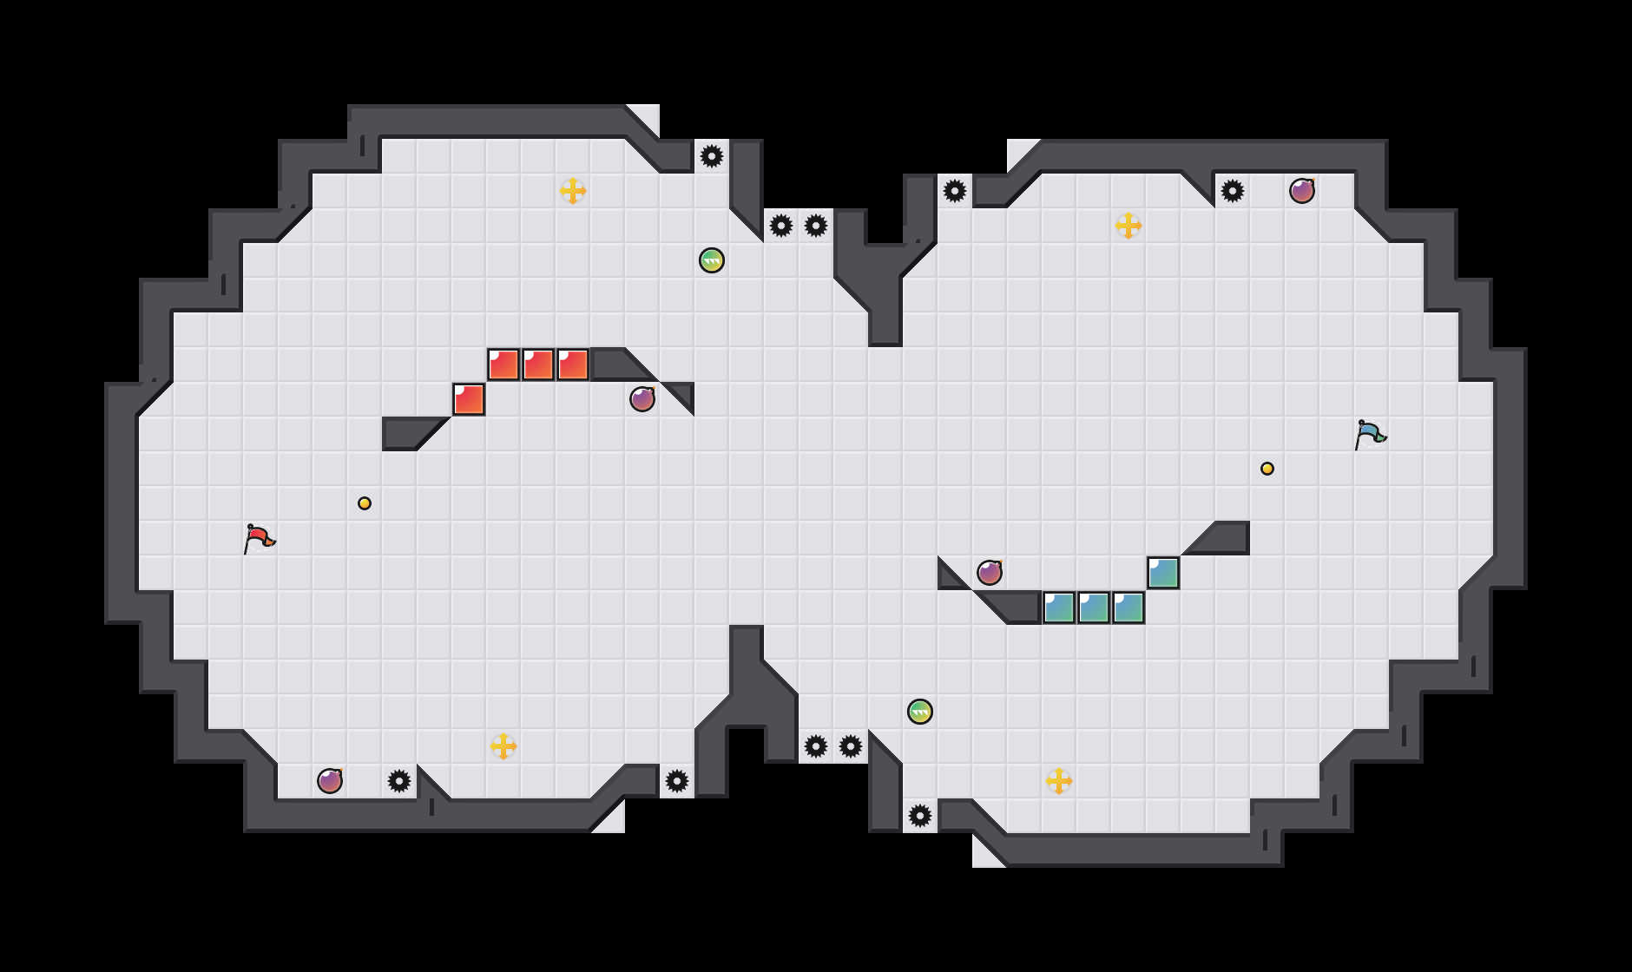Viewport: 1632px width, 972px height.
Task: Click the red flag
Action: (259, 538)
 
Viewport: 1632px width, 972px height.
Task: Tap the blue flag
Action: (1370, 433)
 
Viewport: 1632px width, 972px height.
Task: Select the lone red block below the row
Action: (469, 399)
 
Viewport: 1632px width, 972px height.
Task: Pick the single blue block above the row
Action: (1163, 573)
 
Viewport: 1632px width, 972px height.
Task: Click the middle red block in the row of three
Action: (538, 364)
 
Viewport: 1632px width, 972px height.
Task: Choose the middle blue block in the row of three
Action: (1094, 607)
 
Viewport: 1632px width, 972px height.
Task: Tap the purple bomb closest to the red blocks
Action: (642, 399)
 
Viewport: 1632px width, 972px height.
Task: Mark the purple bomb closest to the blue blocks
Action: (990, 573)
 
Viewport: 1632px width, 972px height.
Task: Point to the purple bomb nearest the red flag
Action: (330, 781)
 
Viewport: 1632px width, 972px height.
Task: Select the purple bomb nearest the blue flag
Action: (1302, 191)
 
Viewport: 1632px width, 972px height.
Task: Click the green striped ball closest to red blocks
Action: (712, 260)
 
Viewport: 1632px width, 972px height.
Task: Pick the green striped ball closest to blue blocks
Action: (920, 712)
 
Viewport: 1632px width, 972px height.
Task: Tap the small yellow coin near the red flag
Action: (365, 503)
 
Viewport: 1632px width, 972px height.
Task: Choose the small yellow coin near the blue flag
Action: (1267, 469)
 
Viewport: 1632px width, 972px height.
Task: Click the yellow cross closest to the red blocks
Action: (573, 191)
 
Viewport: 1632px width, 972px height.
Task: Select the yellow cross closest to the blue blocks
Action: (1059, 781)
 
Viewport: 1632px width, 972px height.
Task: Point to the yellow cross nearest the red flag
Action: (503, 746)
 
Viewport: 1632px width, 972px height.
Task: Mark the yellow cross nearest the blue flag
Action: (1129, 226)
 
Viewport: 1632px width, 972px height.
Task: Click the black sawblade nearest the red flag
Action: (399, 781)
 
